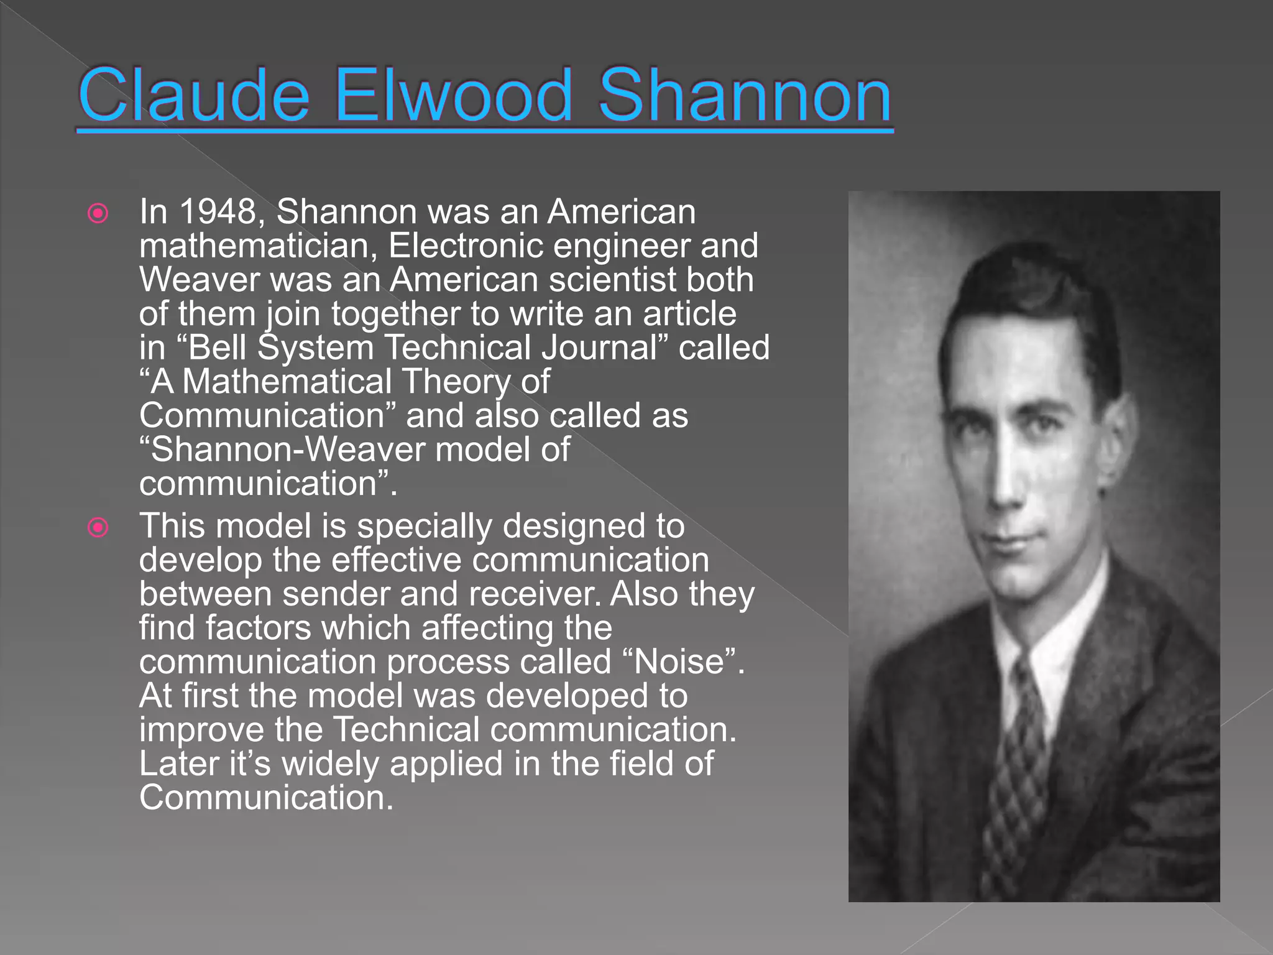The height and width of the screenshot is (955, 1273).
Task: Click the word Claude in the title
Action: click(x=194, y=96)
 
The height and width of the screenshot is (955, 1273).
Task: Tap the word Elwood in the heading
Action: click(x=453, y=96)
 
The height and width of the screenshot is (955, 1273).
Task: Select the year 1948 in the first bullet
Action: click(x=217, y=212)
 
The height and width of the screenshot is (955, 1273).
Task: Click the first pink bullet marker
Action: click(x=98, y=214)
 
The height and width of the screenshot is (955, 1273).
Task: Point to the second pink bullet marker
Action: click(x=98, y=528)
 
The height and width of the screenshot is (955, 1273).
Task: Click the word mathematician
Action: click(x=258, y=246)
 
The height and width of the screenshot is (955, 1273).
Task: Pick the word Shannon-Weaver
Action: click(x=288, y=450)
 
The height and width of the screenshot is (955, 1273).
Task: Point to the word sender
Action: click(x=336, y=594)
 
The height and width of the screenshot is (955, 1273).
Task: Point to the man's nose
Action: click(x=1004, y=479)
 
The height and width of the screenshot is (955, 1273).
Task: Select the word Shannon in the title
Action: click(x=745, y=96)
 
